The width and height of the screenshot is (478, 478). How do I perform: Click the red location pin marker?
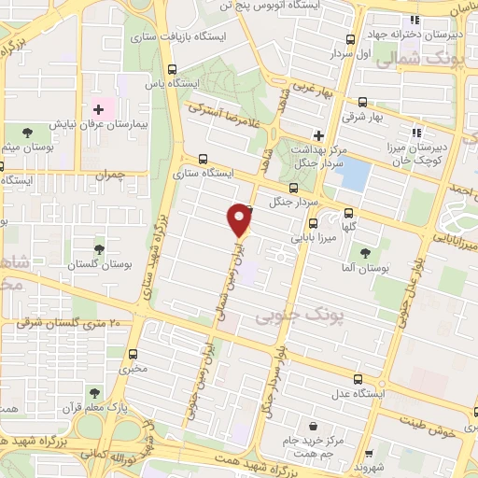[x=240, y=218]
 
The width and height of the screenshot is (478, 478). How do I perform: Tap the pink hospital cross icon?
[x=98, y=111]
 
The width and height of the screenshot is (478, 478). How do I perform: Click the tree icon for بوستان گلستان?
[x=99, y=248]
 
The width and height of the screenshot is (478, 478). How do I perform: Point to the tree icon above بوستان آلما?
[x=365, y=251]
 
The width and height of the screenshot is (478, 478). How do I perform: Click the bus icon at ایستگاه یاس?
[x=172, y=68]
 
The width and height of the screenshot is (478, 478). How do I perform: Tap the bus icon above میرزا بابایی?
[x=313, y=223]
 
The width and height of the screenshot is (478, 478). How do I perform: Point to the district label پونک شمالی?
[x=440, y=59]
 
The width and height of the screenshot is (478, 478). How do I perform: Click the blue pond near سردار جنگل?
[x=352, y=173]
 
